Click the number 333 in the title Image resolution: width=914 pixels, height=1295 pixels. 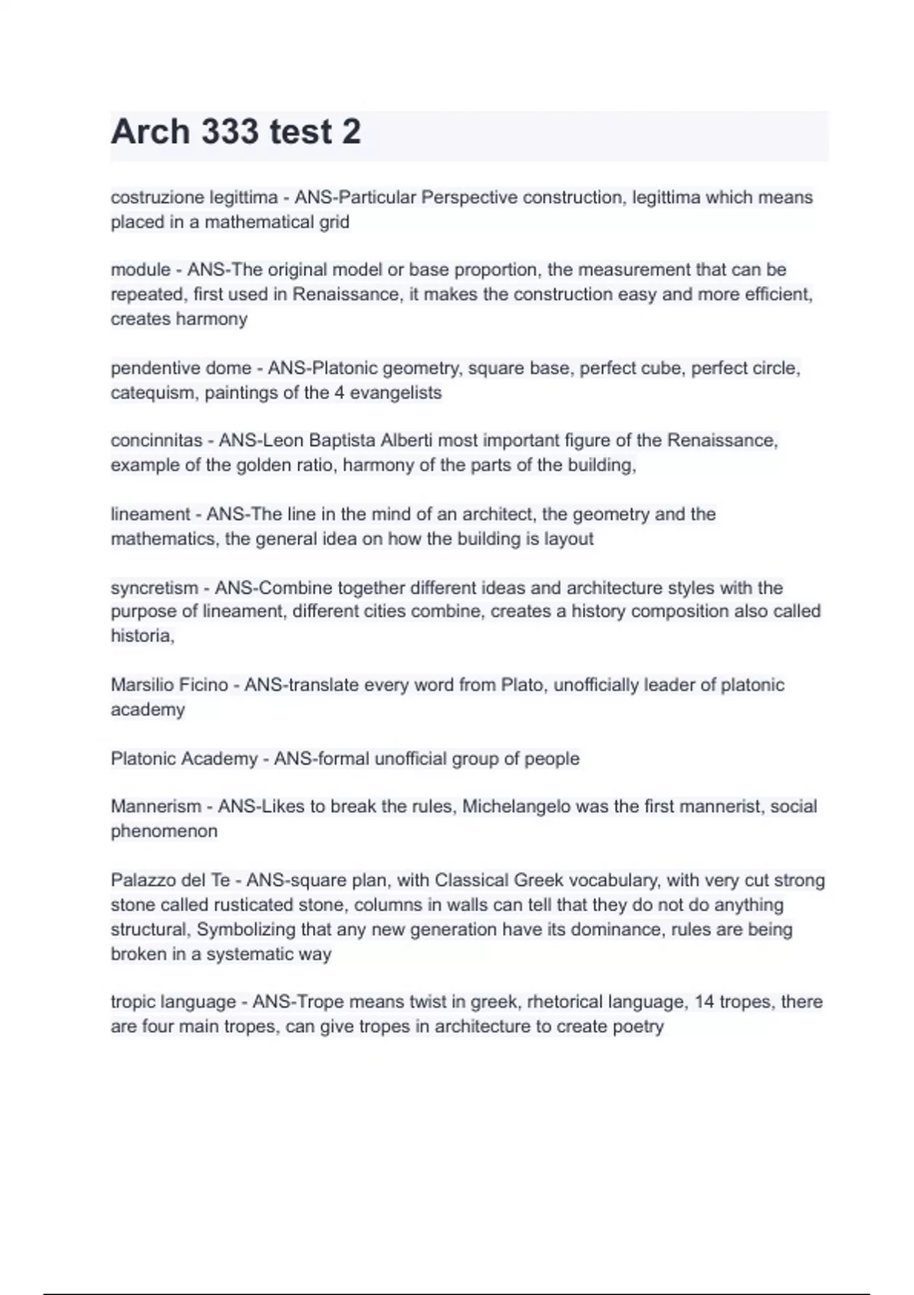point(229,132)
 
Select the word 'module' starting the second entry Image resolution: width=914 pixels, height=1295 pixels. point(140,270)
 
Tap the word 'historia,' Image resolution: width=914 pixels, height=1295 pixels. point(142,636)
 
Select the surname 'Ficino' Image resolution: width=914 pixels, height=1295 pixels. point(201,685)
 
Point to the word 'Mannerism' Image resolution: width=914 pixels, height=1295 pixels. point(156,806)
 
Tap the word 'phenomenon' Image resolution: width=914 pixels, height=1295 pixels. point(164,831)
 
